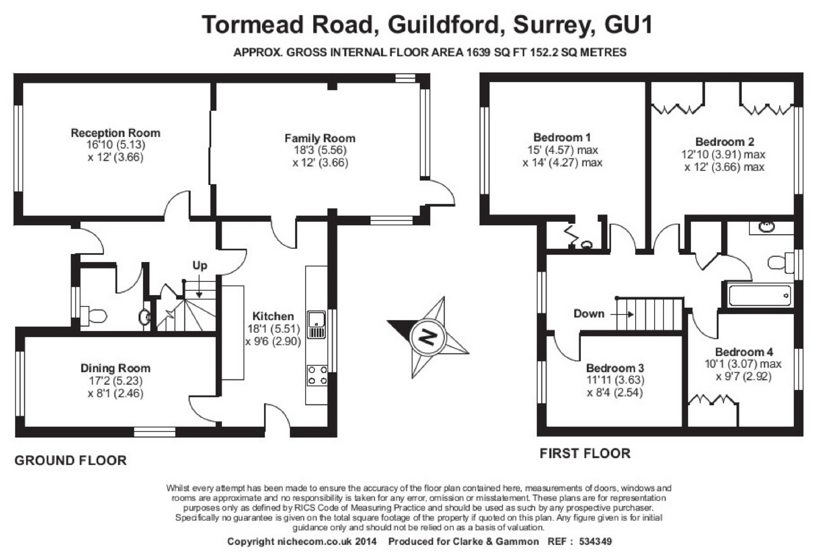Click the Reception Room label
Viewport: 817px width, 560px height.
point(115,133)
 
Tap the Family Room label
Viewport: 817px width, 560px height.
point(320,138)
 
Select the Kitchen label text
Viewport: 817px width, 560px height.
point(273,316)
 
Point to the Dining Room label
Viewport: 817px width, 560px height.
point(115,368)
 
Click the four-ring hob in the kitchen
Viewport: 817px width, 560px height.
point(317,375)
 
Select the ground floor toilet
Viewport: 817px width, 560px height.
point(93,316)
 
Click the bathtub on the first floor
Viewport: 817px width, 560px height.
point(759,296)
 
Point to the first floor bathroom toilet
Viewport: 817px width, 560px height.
point(781,262)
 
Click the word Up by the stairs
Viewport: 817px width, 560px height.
point(200,266)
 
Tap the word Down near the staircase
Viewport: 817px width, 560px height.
point(589,313)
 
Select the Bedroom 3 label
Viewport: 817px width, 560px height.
point(615,368)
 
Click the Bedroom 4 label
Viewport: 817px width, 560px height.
point(744,352)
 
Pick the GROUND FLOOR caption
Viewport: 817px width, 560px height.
point(71,460)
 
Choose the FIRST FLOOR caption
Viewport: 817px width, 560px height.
point(585,453)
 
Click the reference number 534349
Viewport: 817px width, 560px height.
point(595,541)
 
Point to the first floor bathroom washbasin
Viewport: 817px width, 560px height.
point(766,227)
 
